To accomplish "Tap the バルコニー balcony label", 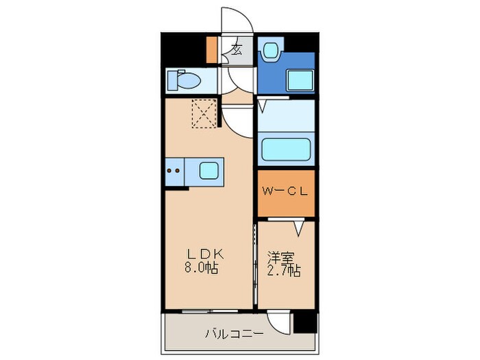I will (234, 335).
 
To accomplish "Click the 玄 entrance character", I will (236, 49).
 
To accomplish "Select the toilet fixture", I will (184, 80).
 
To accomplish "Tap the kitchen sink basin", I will (209, 169).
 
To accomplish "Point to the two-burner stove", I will (174, 169).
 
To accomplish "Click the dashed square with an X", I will (204, 114).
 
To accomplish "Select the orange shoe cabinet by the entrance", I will (212, 49).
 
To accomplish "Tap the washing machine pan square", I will (300, 81).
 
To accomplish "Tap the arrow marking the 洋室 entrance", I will (299, 227).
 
